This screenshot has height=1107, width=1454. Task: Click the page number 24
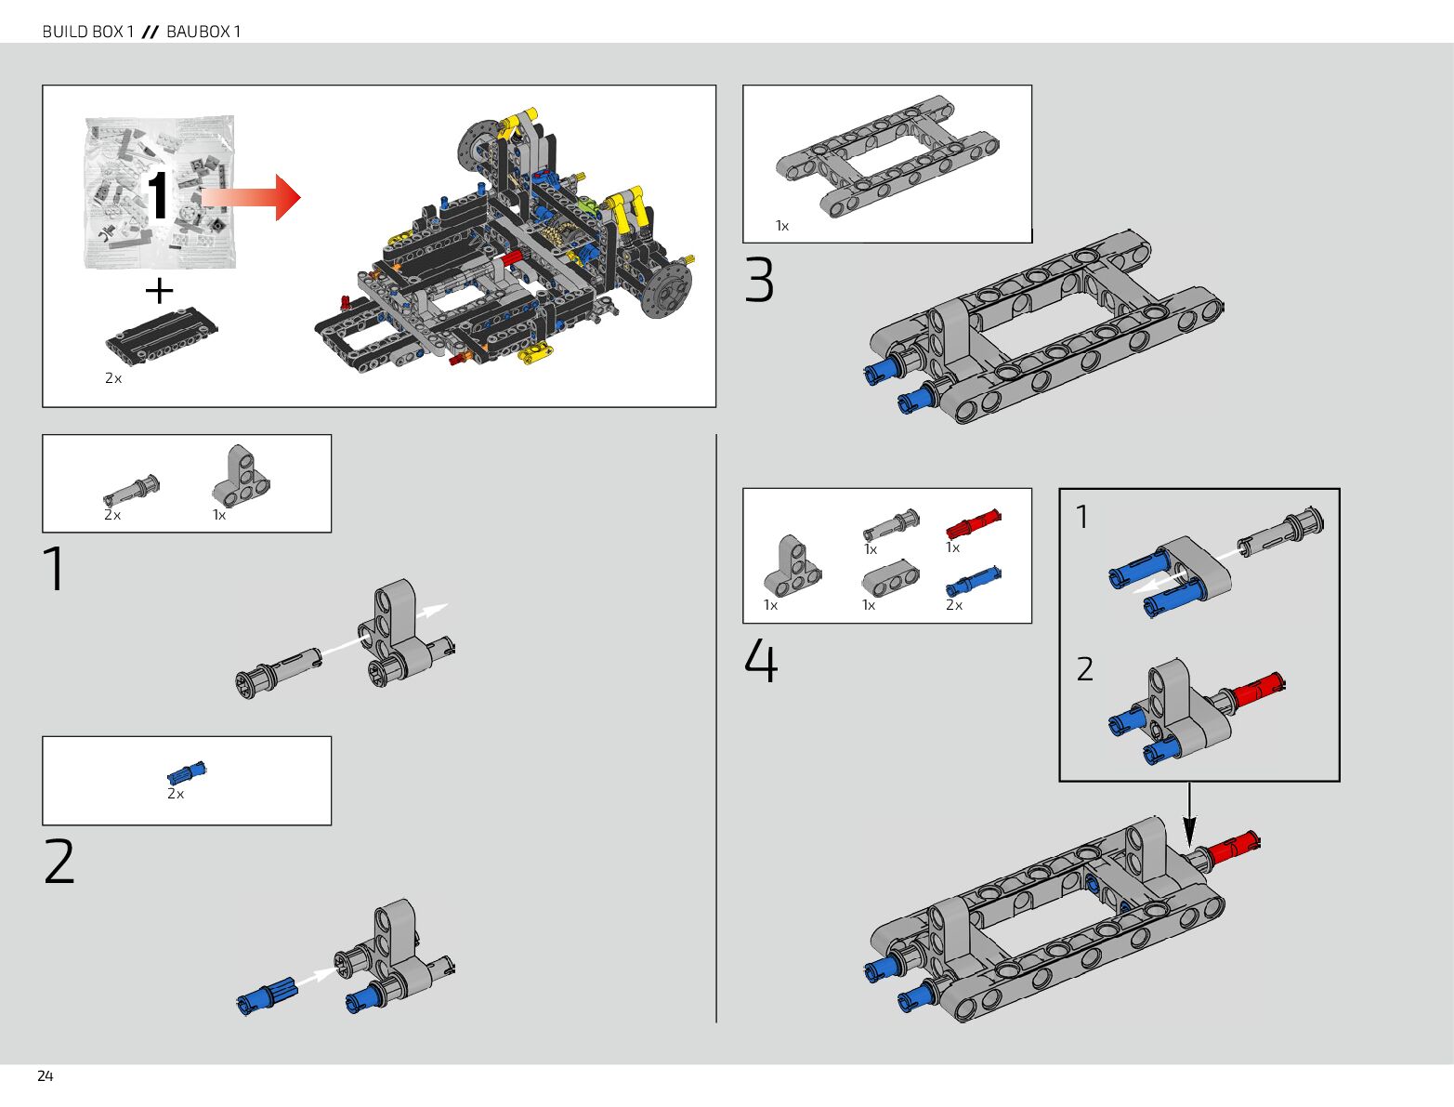[x=45, y=1075]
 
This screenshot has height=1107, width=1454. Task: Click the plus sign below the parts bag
[x=160, y=291]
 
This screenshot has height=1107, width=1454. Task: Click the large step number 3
[x=759, y=281]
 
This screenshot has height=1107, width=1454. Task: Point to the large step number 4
[x=761, y=662]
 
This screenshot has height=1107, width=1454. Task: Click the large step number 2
[x=59, y=862]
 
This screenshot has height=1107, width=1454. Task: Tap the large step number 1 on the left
[x=56, y=568]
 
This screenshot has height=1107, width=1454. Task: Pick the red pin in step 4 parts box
[x=973, y=525]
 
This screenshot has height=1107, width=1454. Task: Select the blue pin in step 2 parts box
[x=187, y=773]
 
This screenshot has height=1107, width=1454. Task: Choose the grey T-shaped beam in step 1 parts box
[x=241, y=475]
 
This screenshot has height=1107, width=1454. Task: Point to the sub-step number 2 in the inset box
[x=1085, y=669]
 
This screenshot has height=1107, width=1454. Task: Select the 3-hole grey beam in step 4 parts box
[x=891, y=580]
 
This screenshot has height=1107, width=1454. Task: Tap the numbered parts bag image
[x=160, y=192]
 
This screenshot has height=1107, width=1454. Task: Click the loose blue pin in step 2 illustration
[x=268, y=995]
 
